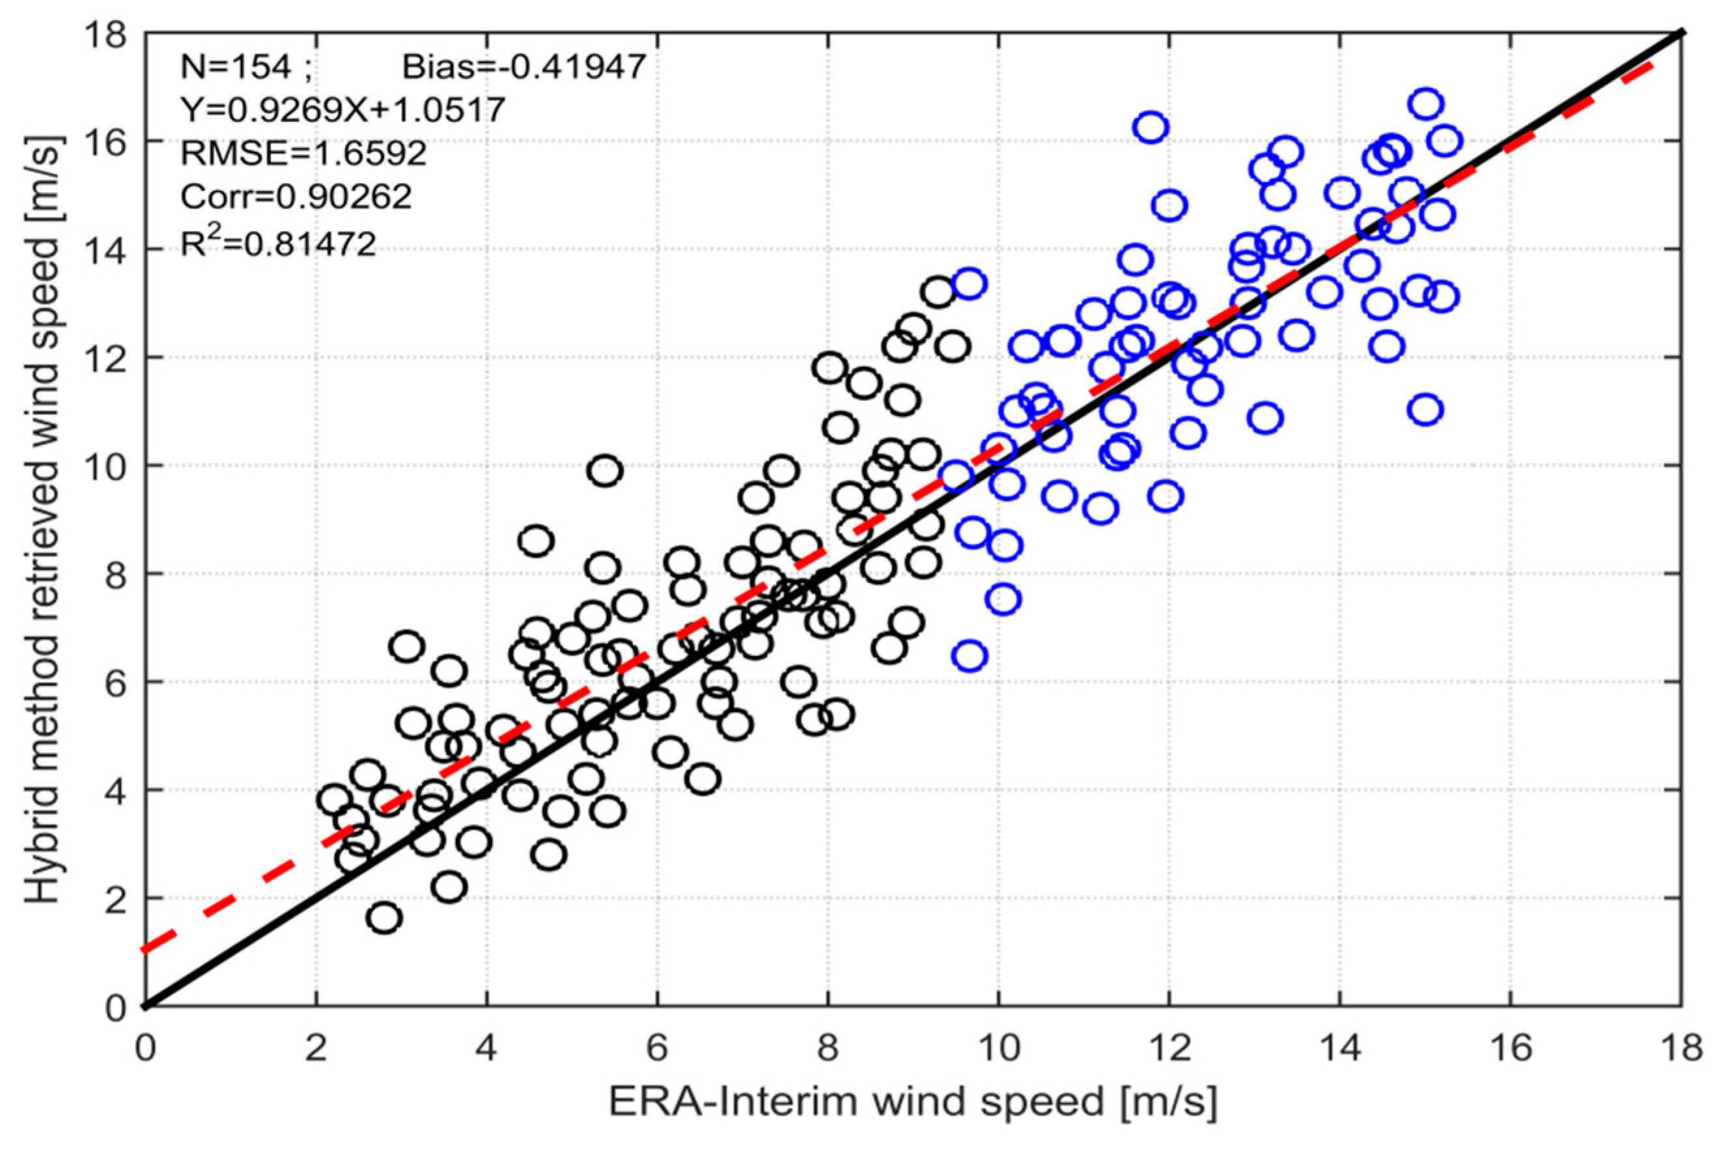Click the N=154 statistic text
click(236, 68)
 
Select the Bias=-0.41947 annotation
click(523, 68)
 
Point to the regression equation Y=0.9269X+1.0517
click(342, 111)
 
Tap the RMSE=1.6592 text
click(303, 154)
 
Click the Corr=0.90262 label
click(296, 197)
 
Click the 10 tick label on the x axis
click(998, 1049)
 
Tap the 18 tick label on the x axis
click(1682, 1049)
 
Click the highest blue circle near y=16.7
click(1425, 104)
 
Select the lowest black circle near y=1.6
click(385, 917)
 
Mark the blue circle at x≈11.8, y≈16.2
click(1151, 128)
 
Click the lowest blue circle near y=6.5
click(970, 655)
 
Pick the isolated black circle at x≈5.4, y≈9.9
click(605, 470)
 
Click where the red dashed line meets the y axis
click(146, 950)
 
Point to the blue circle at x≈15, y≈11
click(1425, 409)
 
